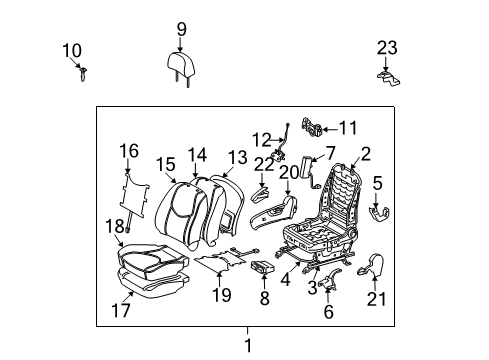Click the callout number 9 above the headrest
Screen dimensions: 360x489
point(181,28)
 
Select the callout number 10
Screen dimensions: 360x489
point(72,49)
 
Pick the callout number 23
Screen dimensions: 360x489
point(387,47)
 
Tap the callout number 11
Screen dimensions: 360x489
point(347,127)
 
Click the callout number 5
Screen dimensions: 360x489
point(377,182)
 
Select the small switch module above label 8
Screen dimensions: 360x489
point(264,267)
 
